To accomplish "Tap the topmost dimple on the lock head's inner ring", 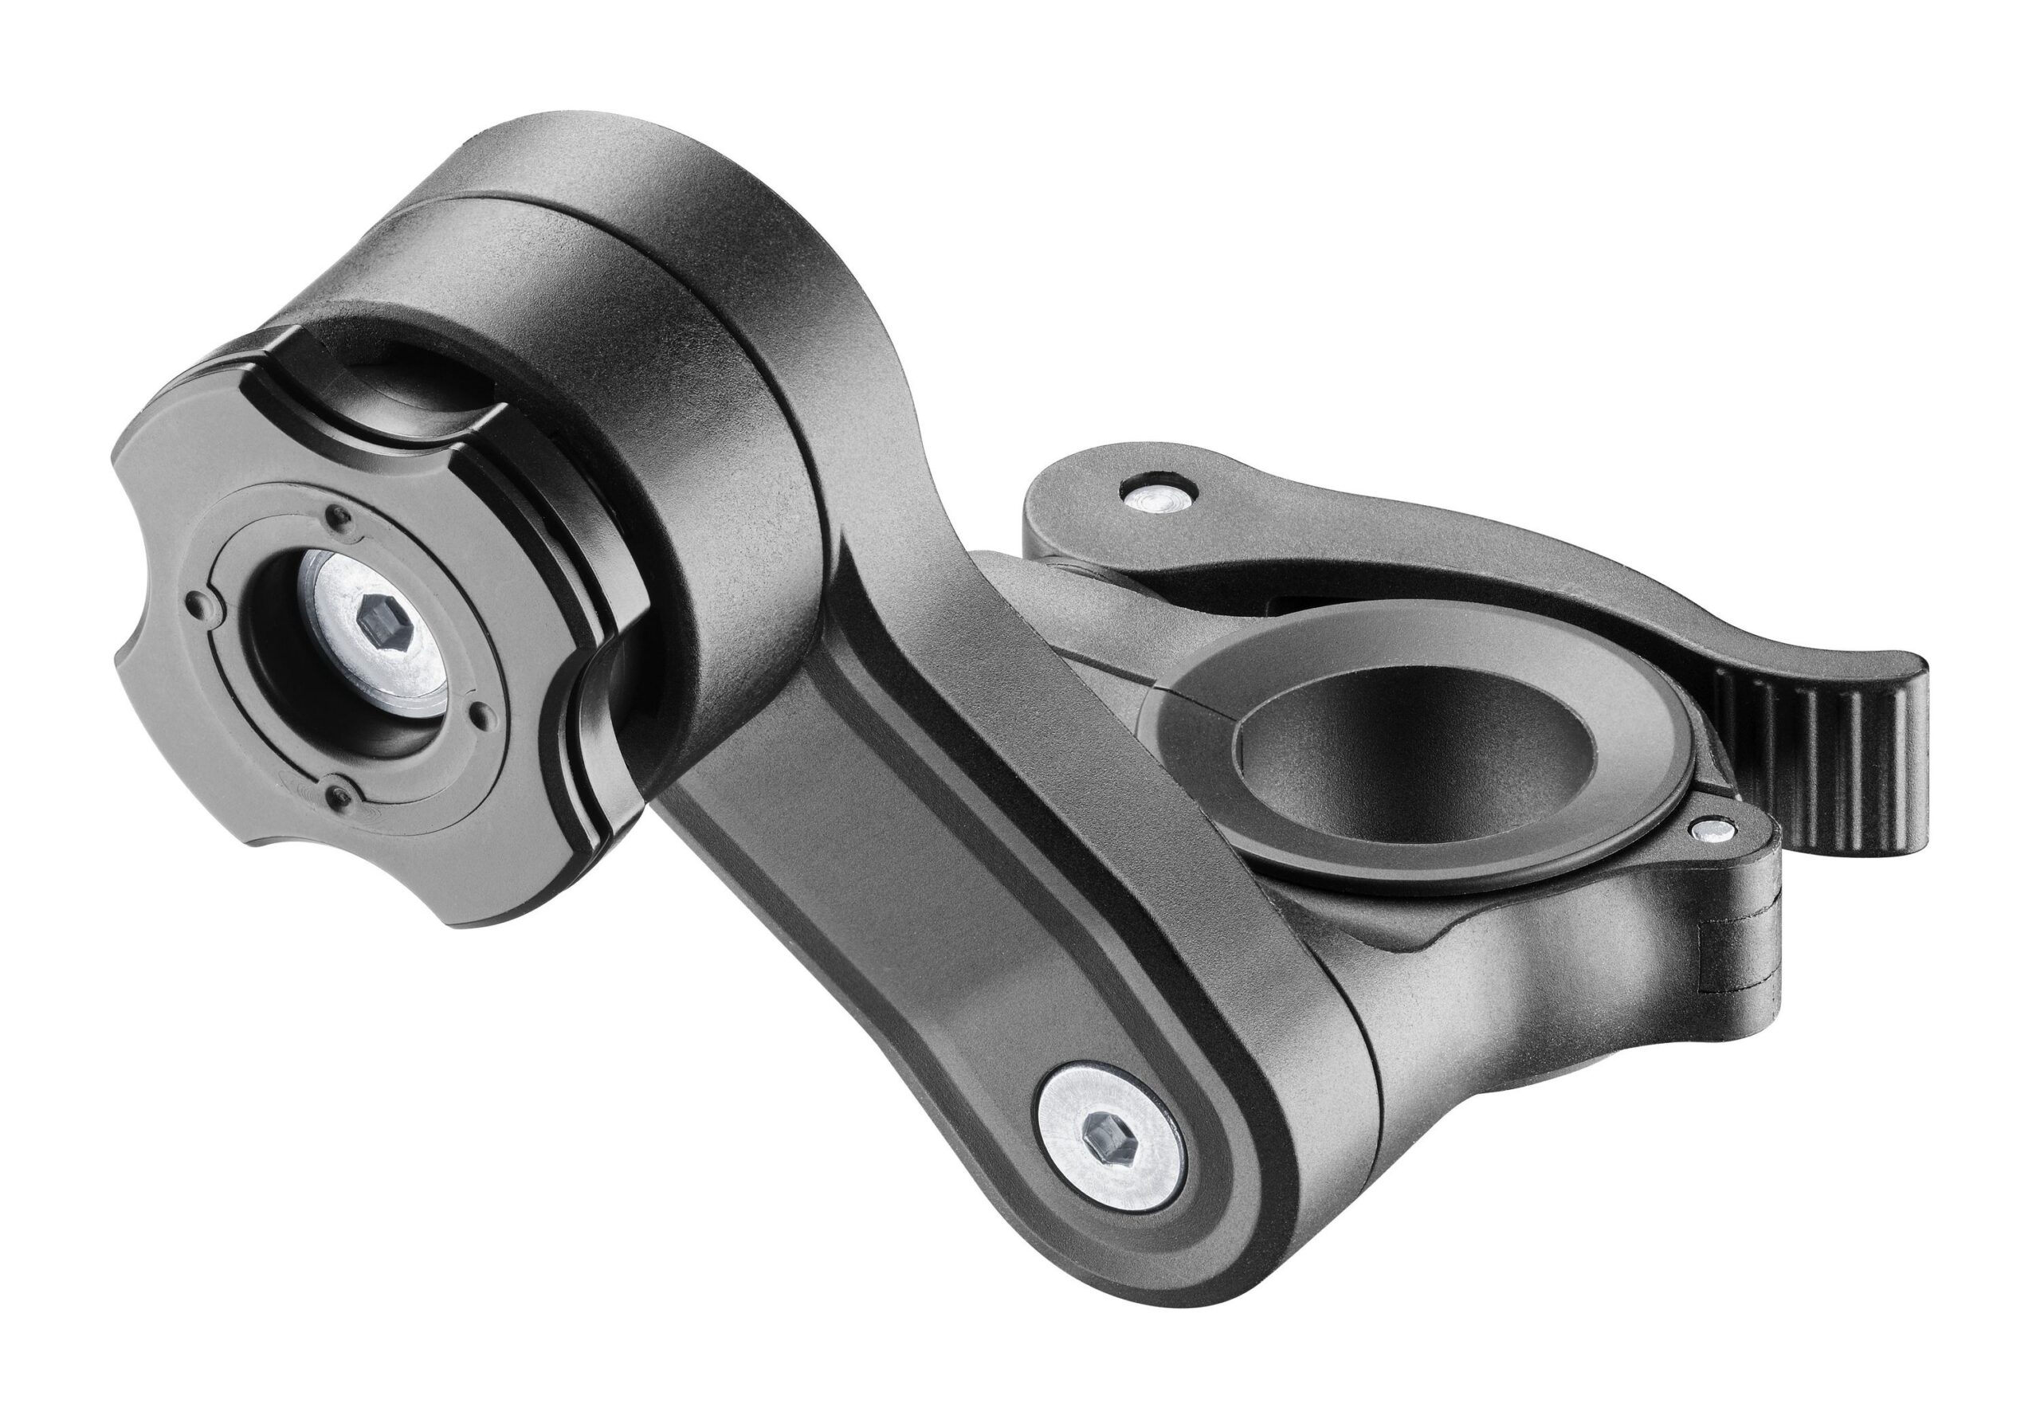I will [x=338, y=514].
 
